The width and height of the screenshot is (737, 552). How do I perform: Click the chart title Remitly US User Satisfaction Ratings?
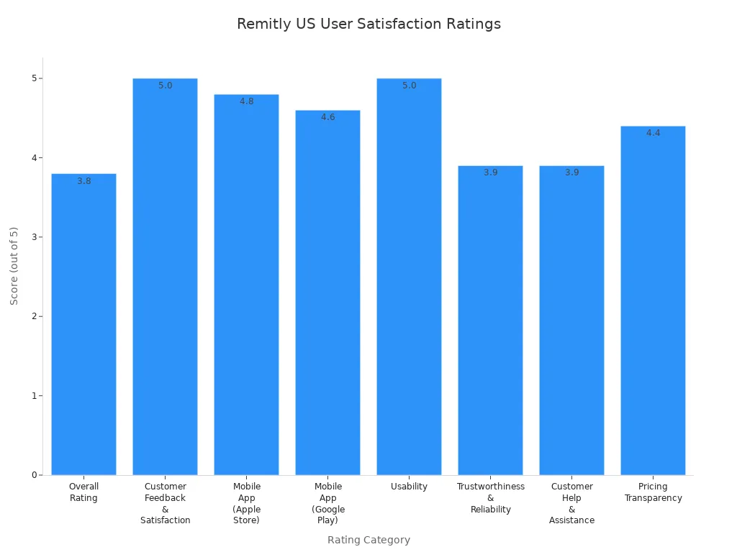coord(368,24)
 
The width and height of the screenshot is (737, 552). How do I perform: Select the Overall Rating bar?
coord(83,323)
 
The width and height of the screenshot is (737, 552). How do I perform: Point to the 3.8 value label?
coord(84,181)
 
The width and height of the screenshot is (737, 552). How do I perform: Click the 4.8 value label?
coord(247,101)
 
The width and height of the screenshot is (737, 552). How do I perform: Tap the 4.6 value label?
coord(328,117)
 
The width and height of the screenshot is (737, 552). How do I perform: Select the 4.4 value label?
coord(653,133)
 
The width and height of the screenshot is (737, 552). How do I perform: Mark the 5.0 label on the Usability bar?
coord(410,86)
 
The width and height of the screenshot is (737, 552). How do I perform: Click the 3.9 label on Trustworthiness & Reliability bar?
coord(491,172)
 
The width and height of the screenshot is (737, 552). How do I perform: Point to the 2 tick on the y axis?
coord(32,316)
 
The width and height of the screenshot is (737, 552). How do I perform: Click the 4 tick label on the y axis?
coord(32,157)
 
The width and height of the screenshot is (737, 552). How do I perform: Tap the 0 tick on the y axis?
coord(32,475)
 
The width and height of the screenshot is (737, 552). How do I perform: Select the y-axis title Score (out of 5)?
coord(14,266)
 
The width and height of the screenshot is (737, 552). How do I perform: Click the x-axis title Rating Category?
coord(368,540)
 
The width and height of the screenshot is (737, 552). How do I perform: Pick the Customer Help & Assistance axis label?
coord(571,503)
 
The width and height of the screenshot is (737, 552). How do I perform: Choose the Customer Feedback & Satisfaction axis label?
coord(166,503)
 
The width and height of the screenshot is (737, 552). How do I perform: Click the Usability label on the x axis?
coord(409,487)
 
